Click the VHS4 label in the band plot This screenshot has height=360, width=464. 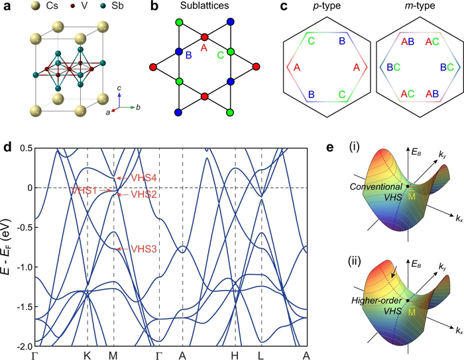coord(144,178)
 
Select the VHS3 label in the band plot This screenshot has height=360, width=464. coord(144,249)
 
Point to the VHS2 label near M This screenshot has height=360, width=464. coord(144,194)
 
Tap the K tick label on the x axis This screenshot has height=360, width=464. coord(87,354)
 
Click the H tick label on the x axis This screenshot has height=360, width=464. coord(235,354)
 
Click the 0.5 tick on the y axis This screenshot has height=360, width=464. coord(25,148)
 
